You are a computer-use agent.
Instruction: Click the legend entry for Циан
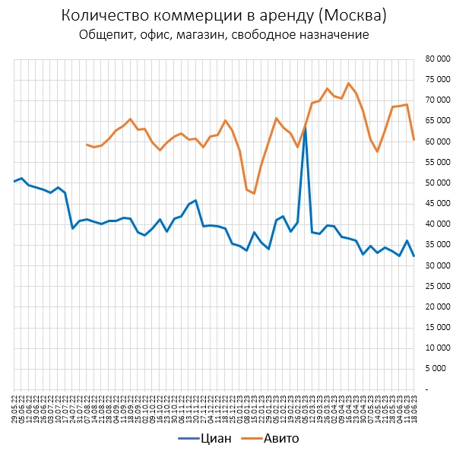(x=210, y=438)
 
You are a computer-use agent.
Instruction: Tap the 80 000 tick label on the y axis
(x=435, y=59)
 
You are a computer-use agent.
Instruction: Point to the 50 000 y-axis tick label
(x=435, y=183)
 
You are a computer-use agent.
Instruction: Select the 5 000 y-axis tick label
(x=437, y=368)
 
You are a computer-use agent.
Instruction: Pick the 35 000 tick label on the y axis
(x=435, y=244)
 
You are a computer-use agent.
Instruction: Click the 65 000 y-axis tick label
(x=435, y=121)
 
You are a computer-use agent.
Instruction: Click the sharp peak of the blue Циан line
(x=306, y=130)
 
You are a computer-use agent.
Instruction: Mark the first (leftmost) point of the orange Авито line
(x=87, y=145)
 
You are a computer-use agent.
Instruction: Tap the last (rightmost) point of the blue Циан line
(x=414, y=256)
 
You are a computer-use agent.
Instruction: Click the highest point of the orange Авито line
(x=349, y=84)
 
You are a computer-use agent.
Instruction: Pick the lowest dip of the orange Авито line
(x=254, y=193)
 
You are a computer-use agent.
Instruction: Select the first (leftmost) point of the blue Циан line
(x=14, y=181)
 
